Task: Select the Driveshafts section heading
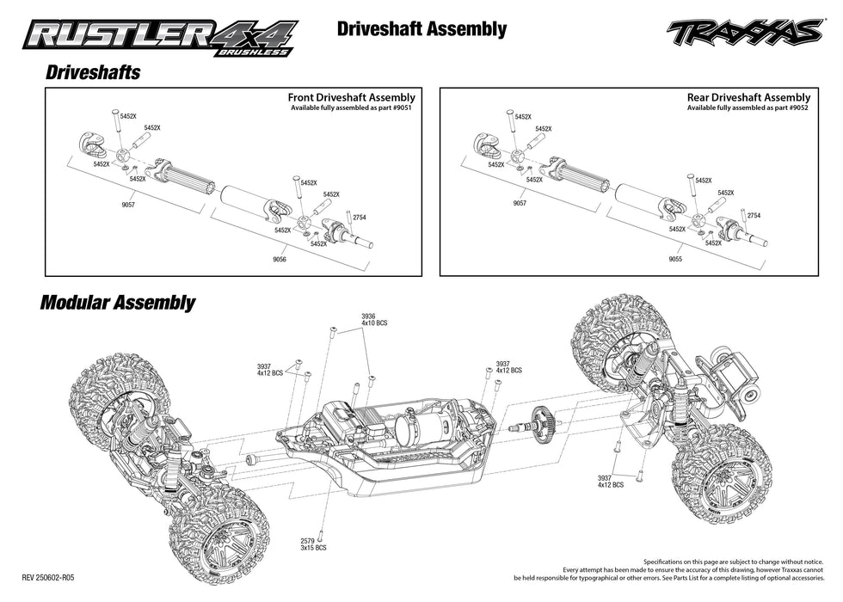click(92, 73)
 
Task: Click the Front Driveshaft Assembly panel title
click(351, 98)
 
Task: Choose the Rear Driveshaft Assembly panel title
click(748, 98)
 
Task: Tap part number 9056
click(279, 259)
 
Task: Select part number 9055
click(674, 259)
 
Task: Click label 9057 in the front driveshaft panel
click(128, 205)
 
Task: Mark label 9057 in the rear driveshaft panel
click(520, 204)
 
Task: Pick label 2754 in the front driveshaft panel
click(359, 218)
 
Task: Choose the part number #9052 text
click(795, 109)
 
